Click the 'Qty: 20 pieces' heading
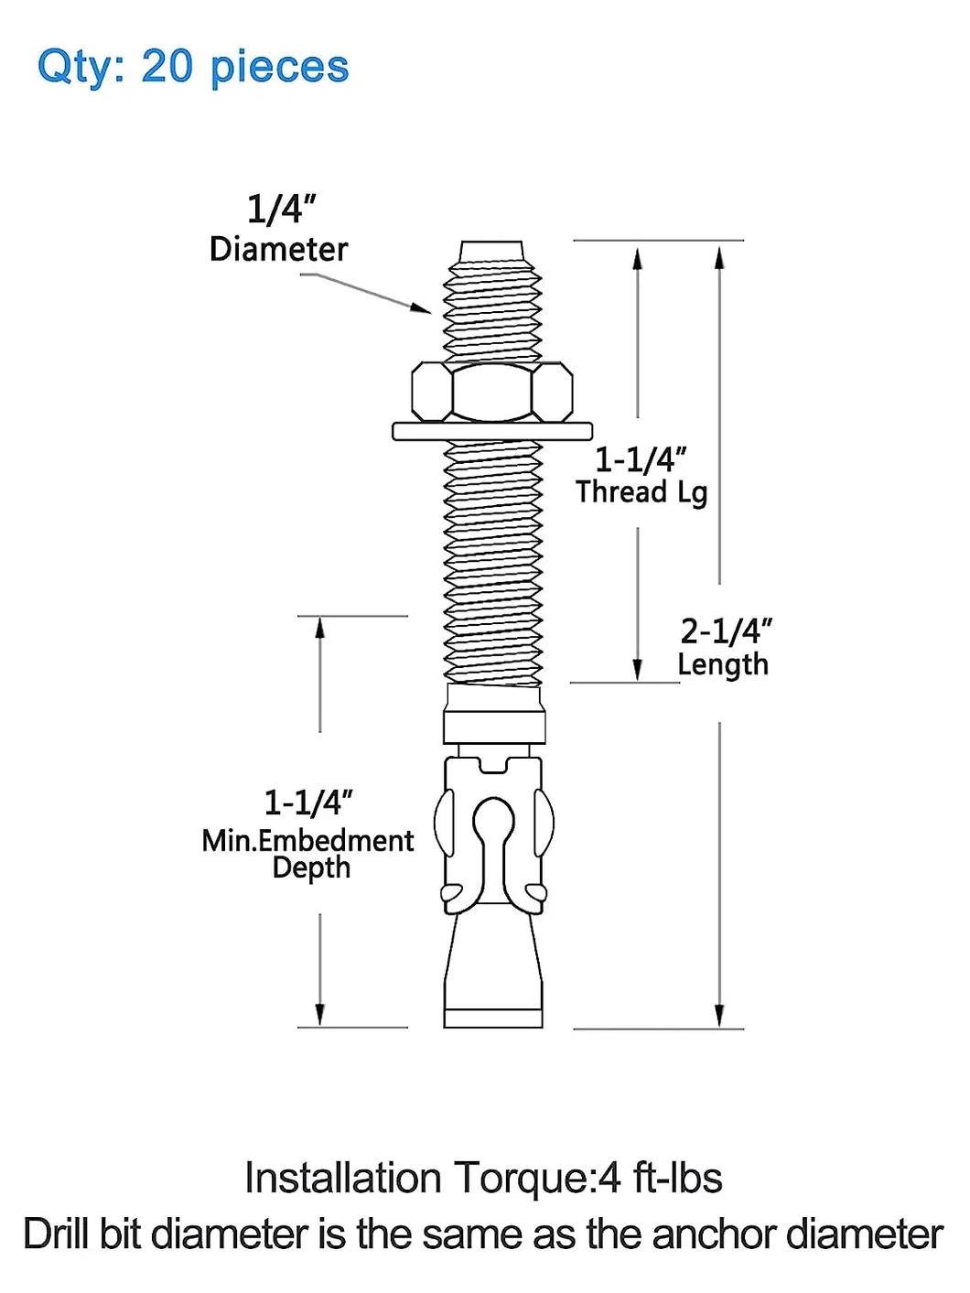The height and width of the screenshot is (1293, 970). (193, 67)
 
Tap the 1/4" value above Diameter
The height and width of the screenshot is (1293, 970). (281, 209)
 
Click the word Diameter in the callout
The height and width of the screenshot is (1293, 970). (278, 249)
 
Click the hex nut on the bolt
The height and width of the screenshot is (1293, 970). (492, 392)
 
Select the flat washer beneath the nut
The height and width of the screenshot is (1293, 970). (492, 431)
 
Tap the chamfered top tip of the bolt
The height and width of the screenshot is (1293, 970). (492, 251)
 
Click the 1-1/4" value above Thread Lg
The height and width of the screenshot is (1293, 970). (641, 459)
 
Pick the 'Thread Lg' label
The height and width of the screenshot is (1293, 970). (641, 492)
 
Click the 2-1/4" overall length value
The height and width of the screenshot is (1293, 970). (726, 631)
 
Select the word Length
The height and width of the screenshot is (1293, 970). (723, 665)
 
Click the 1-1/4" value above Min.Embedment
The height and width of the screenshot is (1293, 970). (308, 803)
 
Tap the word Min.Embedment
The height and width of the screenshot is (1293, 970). (307, 840)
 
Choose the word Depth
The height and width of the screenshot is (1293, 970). (311, 867)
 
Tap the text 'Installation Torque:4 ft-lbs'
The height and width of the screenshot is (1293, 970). (483, 1179)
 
